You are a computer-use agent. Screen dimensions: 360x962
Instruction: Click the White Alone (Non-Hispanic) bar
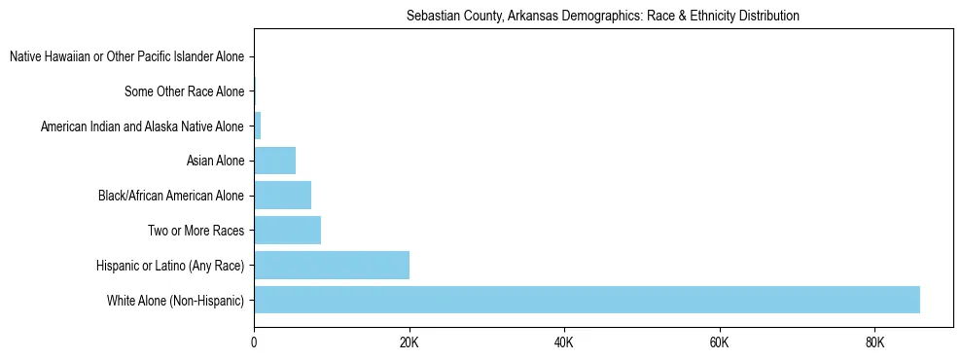587,300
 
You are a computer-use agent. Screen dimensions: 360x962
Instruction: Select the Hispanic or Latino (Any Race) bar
332,265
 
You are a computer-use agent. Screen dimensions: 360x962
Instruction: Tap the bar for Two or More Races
287,231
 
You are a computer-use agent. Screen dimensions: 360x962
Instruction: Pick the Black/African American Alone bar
282,196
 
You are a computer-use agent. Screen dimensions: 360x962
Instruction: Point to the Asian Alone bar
274,161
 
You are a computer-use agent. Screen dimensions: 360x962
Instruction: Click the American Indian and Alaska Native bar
258,126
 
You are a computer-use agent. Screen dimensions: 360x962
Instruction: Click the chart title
602,17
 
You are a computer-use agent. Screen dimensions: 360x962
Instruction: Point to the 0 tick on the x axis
254,343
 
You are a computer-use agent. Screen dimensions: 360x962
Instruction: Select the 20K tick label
410,343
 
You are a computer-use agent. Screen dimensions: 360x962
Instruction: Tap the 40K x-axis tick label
564,343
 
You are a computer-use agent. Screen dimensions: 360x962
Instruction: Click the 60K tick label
720,343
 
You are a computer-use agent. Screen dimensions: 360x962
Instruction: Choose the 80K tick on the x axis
874,343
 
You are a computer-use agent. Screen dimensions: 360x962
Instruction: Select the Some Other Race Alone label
184,92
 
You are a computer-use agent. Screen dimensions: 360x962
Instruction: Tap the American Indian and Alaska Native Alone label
142,126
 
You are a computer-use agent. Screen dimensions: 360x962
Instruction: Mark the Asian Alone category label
215,162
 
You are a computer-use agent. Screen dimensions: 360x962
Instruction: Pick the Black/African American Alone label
171,197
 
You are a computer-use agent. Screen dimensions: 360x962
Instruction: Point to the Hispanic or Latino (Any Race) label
170,266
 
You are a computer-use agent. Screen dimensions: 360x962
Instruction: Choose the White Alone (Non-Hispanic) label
175,301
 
